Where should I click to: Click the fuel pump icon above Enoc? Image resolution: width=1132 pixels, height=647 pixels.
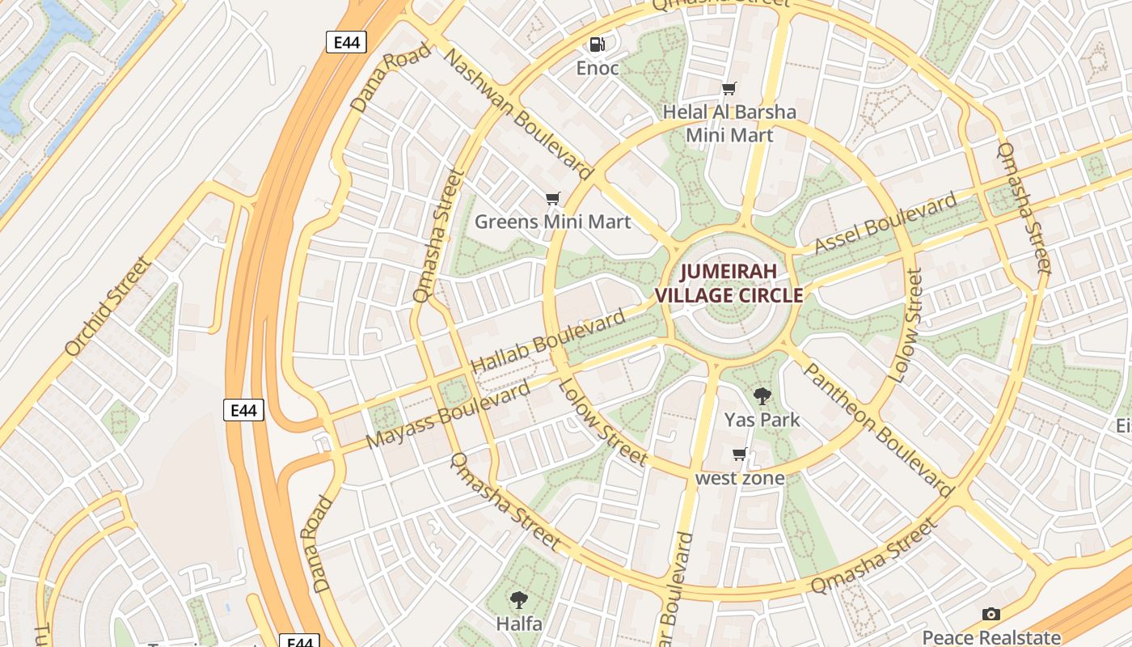597,44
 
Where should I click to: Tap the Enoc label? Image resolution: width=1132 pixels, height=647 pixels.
598,68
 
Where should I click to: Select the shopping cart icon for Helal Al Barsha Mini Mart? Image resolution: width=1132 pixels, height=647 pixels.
729,88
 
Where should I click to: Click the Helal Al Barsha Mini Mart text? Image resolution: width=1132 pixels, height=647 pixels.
729,123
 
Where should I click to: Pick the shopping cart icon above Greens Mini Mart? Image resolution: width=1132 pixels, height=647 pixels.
553,198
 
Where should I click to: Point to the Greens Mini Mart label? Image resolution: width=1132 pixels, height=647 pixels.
552,221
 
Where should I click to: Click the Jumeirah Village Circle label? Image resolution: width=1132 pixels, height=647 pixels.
729,283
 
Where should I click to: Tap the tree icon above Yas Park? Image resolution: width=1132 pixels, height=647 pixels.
762,396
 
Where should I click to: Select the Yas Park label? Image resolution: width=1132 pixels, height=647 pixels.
762,419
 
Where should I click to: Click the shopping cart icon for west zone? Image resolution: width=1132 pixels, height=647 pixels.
739,455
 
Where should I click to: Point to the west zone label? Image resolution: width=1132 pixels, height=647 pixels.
740,478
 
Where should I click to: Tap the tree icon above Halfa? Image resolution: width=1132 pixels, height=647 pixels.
518,600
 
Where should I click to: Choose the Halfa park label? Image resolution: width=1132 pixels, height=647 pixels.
518,624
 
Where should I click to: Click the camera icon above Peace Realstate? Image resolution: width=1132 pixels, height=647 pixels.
990,615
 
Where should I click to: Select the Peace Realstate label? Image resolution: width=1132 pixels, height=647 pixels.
990,636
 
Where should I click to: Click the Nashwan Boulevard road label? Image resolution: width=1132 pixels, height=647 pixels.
518,112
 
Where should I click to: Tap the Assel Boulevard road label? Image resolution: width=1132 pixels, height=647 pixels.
885,222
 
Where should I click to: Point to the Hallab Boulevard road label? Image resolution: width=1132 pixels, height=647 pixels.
547,340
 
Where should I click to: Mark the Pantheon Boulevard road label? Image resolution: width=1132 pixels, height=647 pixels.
879,428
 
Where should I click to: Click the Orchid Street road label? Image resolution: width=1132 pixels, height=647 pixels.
108,306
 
